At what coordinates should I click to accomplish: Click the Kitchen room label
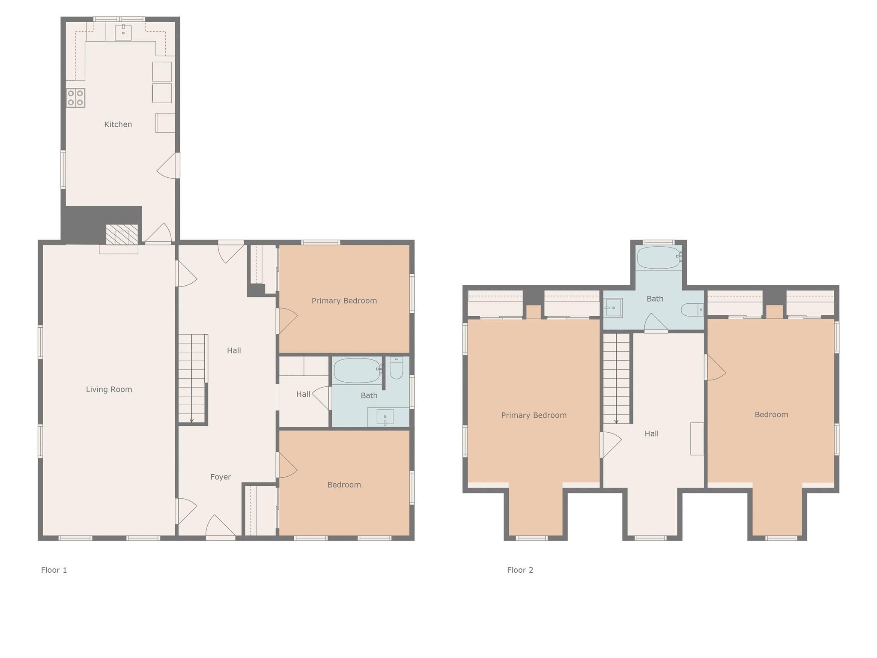pyautogui.click(x=118, y=124)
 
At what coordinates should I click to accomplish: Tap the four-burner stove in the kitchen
pyautogui.click(x=75, y=98)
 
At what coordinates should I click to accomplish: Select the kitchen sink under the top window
pyautogui.click(x=123, y=32)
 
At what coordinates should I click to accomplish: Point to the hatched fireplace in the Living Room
pyautogui.click(x=122, y=235)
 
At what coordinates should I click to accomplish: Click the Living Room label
pyautogui.click(x=109, y=389)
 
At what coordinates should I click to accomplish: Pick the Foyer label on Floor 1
pyautogui.click(x=221, y=477)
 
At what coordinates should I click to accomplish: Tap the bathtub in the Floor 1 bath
pyautogui.click(x=358, y=371)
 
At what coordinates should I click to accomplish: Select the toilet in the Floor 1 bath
pyautogui.click(x=397, y=368)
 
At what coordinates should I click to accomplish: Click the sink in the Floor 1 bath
pyautogui.click(x=385, y=417)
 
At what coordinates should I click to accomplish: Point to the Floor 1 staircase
pyautogui.click(x=191, y=379)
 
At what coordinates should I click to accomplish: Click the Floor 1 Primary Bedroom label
pyautogui.click(x=344, y=301)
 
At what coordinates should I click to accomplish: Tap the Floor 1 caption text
pyautogui.click(x=54, y=570)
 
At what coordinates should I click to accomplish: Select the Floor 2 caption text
pyautogui.click(x=520, y=570)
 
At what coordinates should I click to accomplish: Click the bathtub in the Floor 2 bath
pyautogui.click(x=659, y=257)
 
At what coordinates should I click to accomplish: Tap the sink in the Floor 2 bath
pyautogui.click(x=614, y=308)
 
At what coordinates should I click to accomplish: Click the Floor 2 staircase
pyautogui.click(x=616, y=379)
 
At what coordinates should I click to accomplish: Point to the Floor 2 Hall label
pyautogui.click(x=651, y=434)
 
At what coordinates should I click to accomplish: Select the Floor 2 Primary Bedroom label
pyautogui.click(x=534, y=415)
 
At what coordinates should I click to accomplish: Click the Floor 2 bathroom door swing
pyautogui.click(x=656, y=323)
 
